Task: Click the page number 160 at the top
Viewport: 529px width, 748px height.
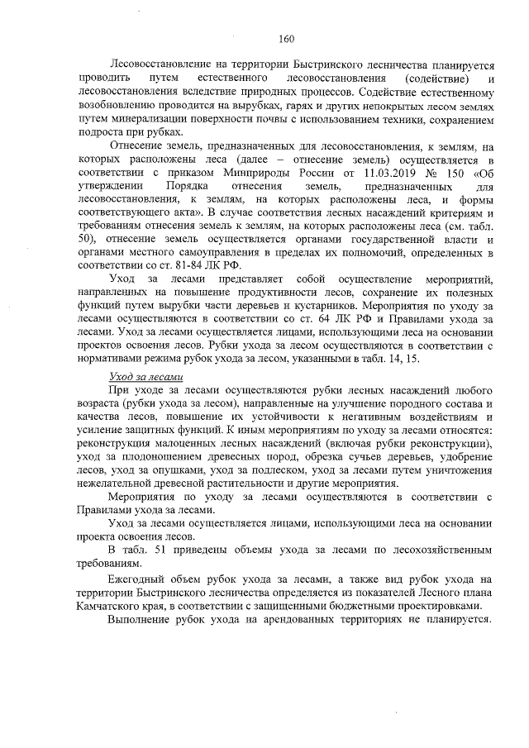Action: point(287,39)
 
